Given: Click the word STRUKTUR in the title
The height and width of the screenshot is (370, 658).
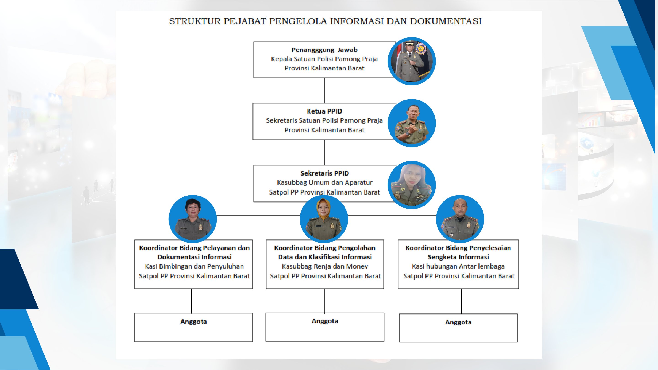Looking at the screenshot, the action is [x=195, y=21].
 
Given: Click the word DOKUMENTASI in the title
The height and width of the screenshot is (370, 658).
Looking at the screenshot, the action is [x=446, y=21].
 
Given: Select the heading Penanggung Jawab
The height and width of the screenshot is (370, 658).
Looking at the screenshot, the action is [x=324, y=50].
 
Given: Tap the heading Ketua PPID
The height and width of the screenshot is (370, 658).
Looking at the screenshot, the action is [x=324, y=111].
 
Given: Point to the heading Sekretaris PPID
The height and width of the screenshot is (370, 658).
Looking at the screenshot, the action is [x=325, y=173].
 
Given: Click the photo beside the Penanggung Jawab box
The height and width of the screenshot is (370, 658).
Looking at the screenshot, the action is [x=412, y=61].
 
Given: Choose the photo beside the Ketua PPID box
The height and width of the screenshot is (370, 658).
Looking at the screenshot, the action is [x=412, y=123].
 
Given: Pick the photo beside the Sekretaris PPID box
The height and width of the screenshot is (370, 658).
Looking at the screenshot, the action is [x=412, y=185].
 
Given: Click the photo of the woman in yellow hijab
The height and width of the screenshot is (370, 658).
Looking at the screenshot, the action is [x=324, y=219].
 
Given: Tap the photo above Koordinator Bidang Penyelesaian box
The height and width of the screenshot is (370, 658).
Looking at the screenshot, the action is [x=460, y=219].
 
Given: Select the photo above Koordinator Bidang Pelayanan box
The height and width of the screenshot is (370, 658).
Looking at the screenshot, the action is [x=193, y=219].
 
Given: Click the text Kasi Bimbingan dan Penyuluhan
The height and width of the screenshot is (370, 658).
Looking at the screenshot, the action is [x=194, y=266].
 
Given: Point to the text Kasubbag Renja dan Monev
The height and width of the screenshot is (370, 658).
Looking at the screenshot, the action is [x=325, y=266].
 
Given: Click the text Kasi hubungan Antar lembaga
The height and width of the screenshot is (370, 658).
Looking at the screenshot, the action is [x=458, y=266].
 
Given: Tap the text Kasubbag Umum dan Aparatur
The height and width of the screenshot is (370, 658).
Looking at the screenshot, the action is [x=325, y=182].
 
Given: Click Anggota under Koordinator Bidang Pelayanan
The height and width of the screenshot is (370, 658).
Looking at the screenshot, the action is [x=194, y=322].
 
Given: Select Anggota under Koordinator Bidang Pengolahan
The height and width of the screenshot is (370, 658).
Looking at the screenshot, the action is [x=325, y=321].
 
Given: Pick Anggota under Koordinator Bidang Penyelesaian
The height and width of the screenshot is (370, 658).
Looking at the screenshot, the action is [x=458, y=322].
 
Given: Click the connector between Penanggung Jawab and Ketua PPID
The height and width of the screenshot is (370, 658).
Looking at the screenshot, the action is [x=324, y=90].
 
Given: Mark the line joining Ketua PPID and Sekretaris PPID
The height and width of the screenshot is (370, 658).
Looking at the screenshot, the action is [x=324, y=152].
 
